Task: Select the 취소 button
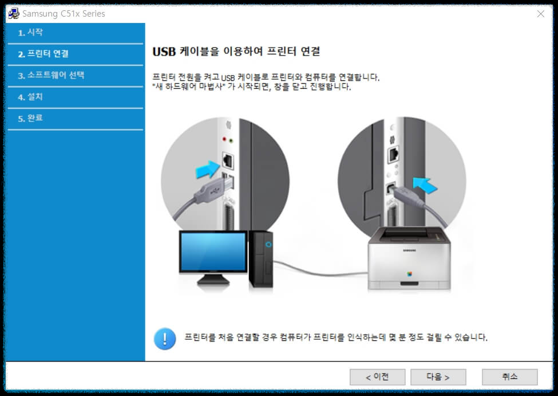tap(509, 377)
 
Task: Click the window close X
tap(541, 14)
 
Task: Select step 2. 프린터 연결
tap(43, 54)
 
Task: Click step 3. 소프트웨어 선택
tap(51, 75)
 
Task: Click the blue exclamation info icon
tap(165, 338)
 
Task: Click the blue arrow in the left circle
tap(207, 170)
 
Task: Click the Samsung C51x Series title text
tap(64, 14)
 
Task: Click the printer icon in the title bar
tap(13, 14)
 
